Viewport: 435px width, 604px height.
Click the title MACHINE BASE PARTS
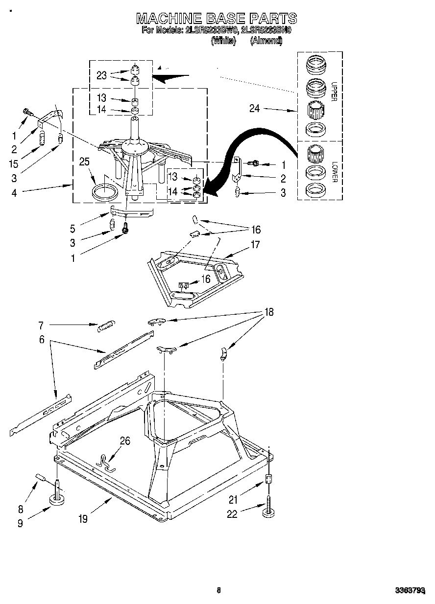click(x=216, y=19)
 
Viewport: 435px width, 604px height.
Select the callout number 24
click(x=254, y=109)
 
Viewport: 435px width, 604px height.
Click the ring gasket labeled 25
click(x=105, y=190)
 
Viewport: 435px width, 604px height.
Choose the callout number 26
click(x=125, y=441)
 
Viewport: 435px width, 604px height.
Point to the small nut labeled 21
click(x=268, y=479)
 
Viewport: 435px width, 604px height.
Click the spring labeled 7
click(x=105, y=325)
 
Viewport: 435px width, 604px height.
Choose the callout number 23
click(x=101, y=75)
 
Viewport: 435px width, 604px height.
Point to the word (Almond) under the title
click(x=266, y=42)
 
